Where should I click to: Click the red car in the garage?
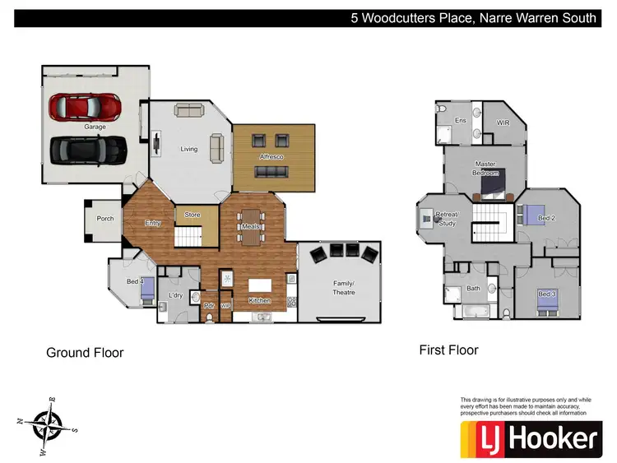tap(84, 106)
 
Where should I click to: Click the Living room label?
tap(189, 149)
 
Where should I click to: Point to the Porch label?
tap(105, 219)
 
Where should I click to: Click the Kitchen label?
tap(260, 301)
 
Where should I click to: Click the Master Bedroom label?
tap(485, 169)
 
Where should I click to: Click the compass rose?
tap(48, 424)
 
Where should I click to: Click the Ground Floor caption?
tap(85, 353)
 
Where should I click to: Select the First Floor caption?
tap(448, 350)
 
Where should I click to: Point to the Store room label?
tap(192, 215)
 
